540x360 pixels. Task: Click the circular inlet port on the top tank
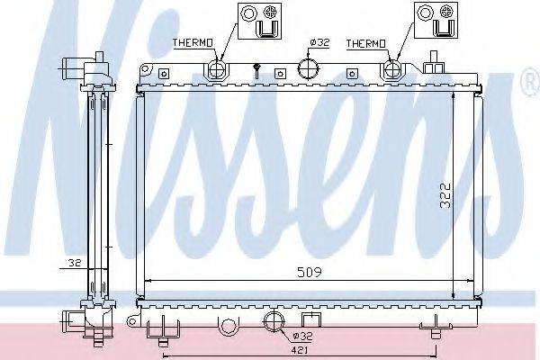pyautogui.click(x=309, y=68)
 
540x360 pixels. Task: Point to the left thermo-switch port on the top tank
pyautogui.click(x=215, y=70)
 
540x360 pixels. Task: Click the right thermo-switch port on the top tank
pyautogui.click(x=393, y=70)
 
